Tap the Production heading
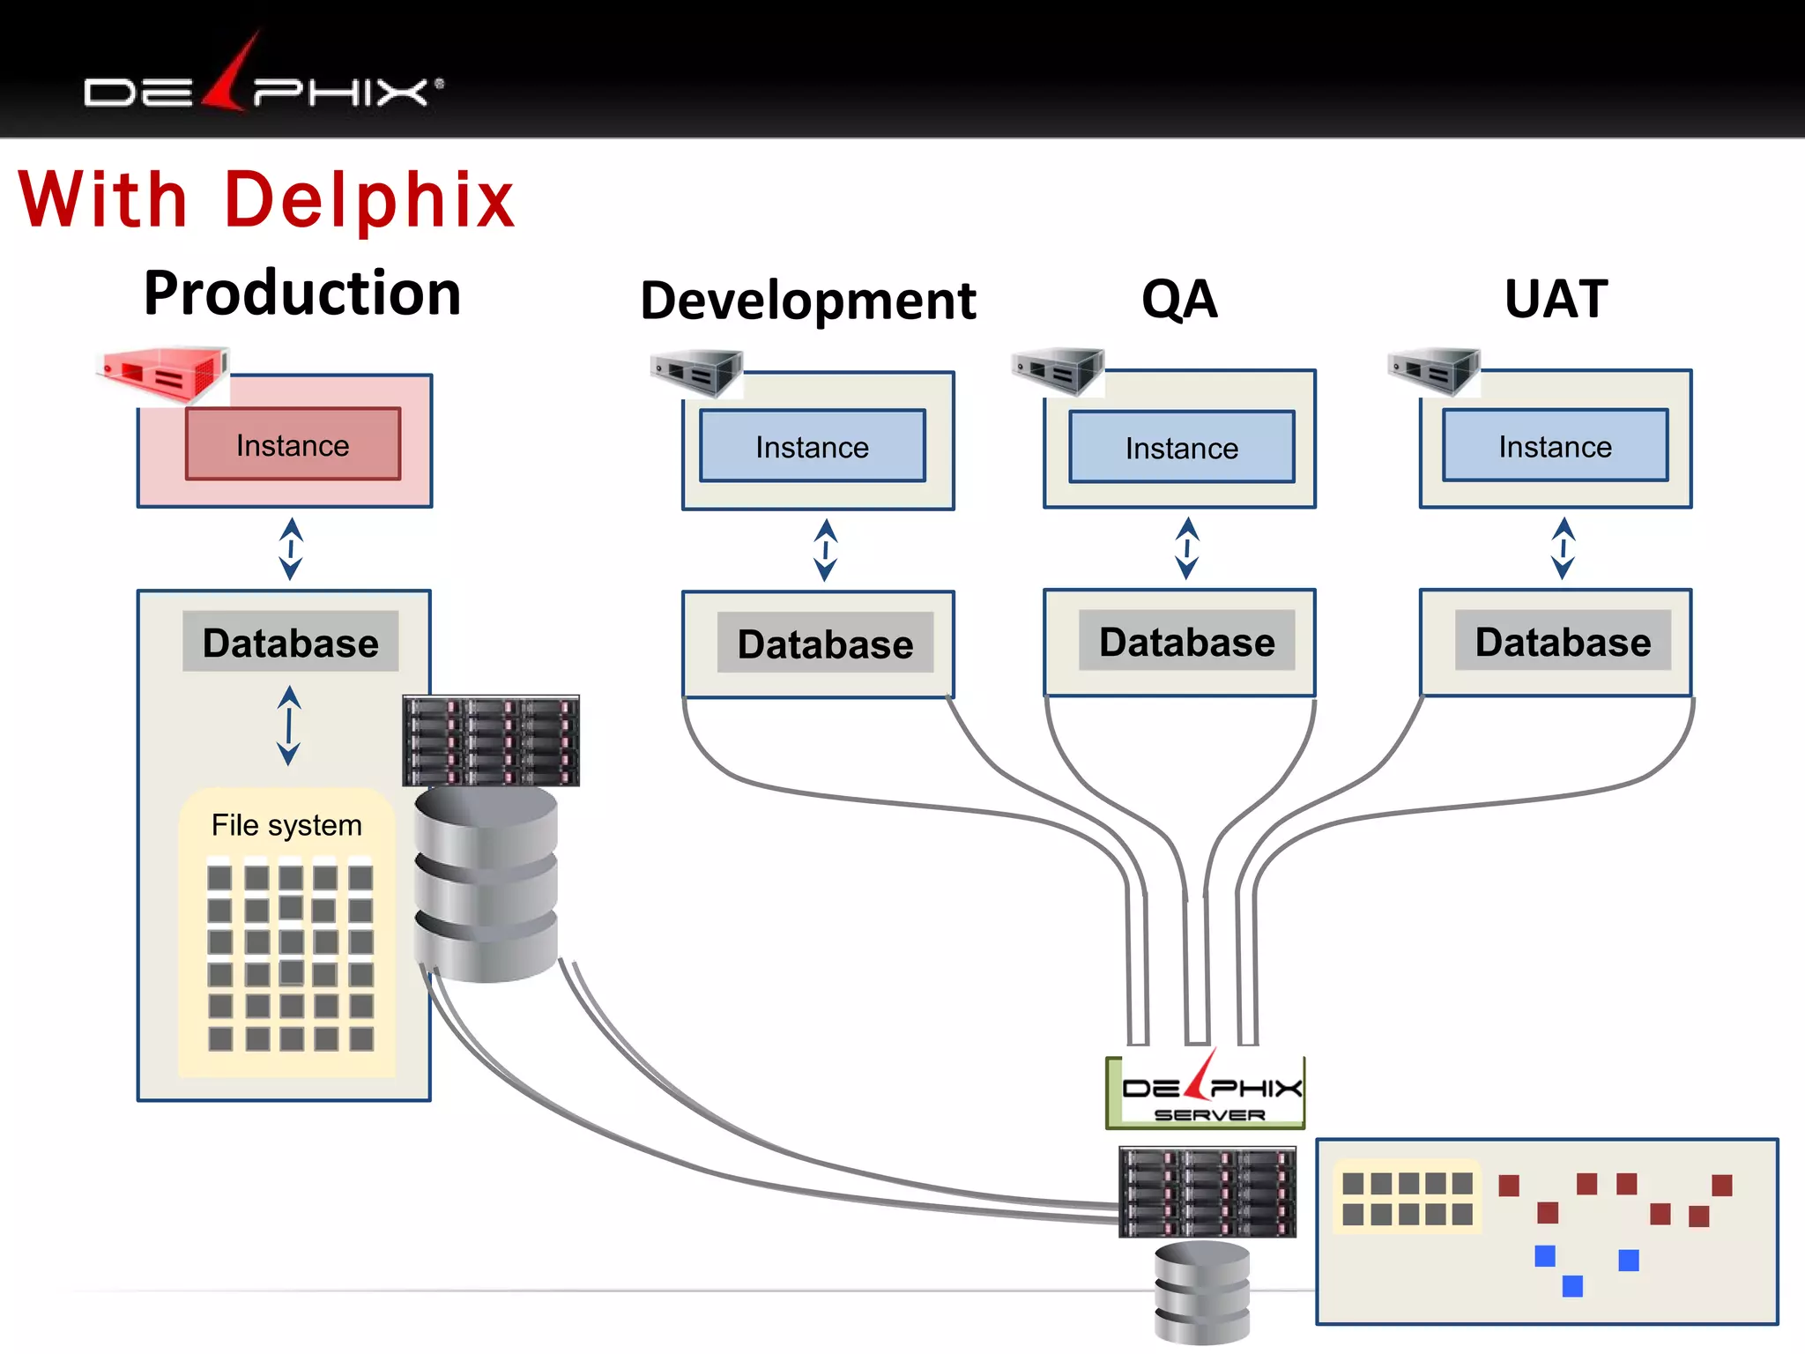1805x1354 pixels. pos(302,294)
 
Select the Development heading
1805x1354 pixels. pos(807,301)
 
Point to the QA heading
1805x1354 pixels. pos(1179,299)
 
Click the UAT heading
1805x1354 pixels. pos(1556,299)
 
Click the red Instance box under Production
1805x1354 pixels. pos(293,444)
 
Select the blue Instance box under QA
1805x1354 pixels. pos(1181,448)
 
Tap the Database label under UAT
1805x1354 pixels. pos(1563,642)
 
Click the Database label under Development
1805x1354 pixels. pos(825,644)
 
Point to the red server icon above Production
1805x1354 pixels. pos(164,375)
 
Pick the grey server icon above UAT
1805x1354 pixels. pos(1433,371)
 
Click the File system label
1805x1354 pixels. pos(286,825)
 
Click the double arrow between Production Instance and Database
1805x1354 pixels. pos(291,548)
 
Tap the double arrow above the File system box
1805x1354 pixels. pos(289,725)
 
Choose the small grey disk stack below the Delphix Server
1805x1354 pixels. pos(1202,1291)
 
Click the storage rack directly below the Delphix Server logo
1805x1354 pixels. pos(1207,1192)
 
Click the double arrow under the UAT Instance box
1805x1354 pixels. pos(1563,548)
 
